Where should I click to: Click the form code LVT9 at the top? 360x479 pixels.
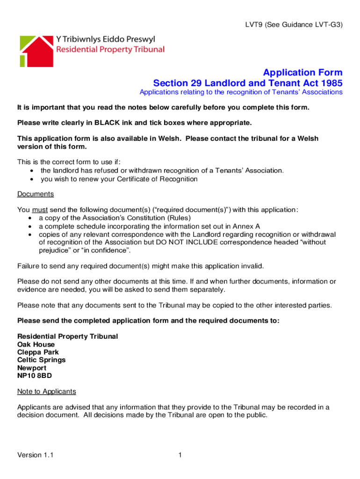click(x=255, y=25)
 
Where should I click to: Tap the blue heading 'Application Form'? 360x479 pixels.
click(x=302, y=73)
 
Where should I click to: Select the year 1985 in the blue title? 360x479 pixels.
click(x=329, y=83)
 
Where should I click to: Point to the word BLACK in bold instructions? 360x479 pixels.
click(x=110, y=123)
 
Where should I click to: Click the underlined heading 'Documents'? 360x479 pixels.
click(x=36, y=194)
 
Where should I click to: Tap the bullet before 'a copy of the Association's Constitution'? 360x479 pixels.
click(x=31, y=218)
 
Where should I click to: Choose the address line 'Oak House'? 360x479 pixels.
click(x=36, y=345)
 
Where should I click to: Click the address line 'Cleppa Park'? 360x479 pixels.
click(x=38, y=352)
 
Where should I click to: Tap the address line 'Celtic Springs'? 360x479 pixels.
click(x=41, y=360)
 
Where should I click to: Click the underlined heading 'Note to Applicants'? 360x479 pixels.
click(x=46, y=391)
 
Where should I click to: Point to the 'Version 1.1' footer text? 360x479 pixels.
click(x=35, y=455)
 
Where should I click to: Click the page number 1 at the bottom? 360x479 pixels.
click(x=180, y=455)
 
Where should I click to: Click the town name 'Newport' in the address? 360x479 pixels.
click(x=32, y=368)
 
